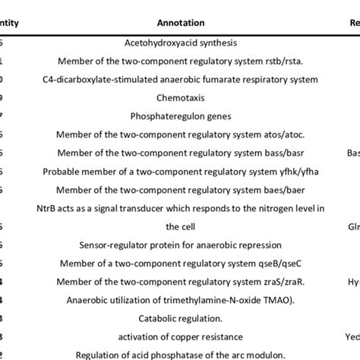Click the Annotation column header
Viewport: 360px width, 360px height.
click(x=180, y=23)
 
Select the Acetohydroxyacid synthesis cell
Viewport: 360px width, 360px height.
click(x=180, y=46)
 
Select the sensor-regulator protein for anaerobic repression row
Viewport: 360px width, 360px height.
click(x=180, y=245)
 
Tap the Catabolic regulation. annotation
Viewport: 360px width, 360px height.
click(x=180, y=317)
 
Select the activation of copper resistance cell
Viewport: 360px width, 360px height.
click(x=180, y=336)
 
